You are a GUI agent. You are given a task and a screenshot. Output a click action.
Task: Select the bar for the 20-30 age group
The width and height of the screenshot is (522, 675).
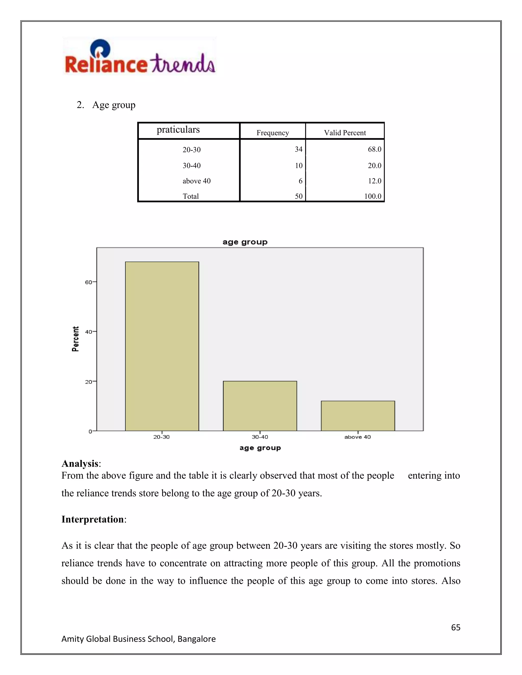coord(162,346)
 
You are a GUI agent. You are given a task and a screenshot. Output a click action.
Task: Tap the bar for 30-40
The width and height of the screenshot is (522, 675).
coord(260,406)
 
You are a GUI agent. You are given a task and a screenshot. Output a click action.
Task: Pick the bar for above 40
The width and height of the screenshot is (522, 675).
coord(358,416)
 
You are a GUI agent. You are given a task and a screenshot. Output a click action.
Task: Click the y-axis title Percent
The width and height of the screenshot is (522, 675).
coord(75,339)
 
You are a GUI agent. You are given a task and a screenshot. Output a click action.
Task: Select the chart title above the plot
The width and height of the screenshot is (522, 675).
coord(245,242)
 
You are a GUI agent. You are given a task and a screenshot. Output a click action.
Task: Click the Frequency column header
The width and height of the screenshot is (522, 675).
coord(272,133)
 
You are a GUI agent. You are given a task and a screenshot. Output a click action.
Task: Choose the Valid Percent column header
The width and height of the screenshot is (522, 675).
coord(345,133)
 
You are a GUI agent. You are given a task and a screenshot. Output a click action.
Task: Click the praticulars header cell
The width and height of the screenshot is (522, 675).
coord(178,129)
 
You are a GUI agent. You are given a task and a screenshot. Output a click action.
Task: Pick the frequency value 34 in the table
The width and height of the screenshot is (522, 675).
coord(298,149)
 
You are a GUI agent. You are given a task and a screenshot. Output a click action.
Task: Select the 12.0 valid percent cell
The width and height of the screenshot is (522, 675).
coord(374,181)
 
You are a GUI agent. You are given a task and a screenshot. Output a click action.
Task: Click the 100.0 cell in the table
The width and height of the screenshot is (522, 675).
coord(373,196)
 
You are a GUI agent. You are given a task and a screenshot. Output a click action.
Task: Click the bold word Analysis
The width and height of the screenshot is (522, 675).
coord(80,464)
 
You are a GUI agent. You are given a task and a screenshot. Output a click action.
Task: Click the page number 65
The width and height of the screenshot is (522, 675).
coord(455,627)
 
